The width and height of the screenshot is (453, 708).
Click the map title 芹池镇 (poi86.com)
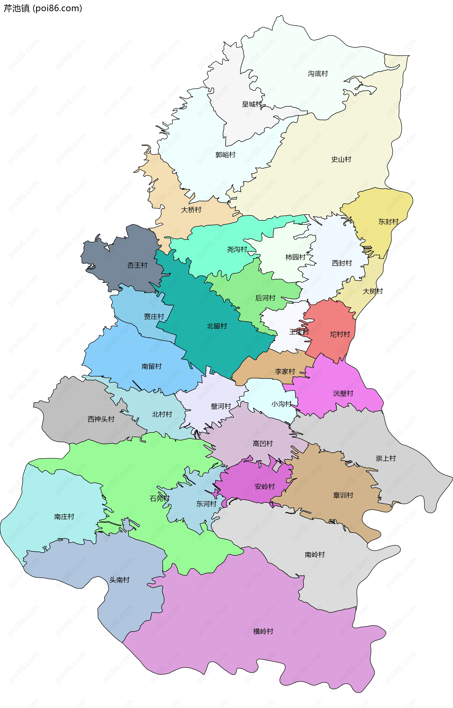point(43,8)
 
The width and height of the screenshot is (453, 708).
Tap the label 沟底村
point(318,74)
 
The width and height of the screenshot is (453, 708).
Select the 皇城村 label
point(252,104)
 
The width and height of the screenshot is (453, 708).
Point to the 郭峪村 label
point(225,155)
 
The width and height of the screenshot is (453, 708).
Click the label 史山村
point(341,159)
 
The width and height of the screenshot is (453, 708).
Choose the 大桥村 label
point(191,210)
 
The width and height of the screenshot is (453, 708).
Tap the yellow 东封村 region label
point(388,222)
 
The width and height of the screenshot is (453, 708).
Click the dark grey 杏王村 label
point(137,265)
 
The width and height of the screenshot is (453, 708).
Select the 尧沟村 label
point(237,249)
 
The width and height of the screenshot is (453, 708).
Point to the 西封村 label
point(342,263)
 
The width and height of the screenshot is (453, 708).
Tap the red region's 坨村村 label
point(340,334)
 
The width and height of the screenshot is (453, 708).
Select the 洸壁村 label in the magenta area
point(343,393)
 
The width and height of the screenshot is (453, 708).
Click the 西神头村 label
point(101,419)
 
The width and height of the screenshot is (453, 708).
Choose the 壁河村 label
point(221,406)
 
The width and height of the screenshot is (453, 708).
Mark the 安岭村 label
point(265,486)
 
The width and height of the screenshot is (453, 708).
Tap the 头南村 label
point(119,580)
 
